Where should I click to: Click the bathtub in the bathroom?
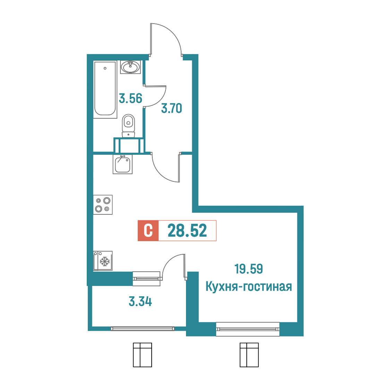105,89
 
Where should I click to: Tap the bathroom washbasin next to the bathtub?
130,67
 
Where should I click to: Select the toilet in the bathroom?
129,126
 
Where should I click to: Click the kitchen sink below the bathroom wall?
122,164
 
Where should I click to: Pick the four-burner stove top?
103,205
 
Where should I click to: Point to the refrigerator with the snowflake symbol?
103,261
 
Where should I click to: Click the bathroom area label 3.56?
130,98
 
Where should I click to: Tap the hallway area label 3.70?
172,109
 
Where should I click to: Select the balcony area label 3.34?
140,302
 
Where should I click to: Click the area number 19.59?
249,269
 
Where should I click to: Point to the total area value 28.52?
187,231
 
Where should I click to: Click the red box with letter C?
148,231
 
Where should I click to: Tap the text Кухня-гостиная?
249,287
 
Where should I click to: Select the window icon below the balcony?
143,355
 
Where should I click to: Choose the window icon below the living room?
249,355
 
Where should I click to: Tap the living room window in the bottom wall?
248,329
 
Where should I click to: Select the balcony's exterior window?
143,329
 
